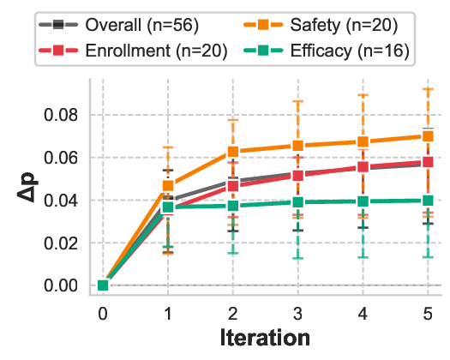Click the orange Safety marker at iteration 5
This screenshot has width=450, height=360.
click(428, 136)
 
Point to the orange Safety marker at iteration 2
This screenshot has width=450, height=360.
click(232, 152)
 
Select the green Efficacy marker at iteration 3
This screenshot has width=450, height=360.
click(297, 202)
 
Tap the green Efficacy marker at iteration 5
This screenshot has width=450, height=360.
click(428, 201)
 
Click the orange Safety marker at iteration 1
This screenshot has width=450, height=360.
click(168, 186)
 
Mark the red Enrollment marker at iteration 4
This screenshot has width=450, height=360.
click(363, 167)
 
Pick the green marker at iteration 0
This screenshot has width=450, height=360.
click(103, 285)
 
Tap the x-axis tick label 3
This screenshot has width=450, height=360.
click(297, 313)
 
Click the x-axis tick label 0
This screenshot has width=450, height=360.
click(103, 313)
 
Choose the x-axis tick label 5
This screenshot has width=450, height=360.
click(428, 313)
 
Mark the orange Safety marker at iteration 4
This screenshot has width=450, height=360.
click(363, 142)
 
